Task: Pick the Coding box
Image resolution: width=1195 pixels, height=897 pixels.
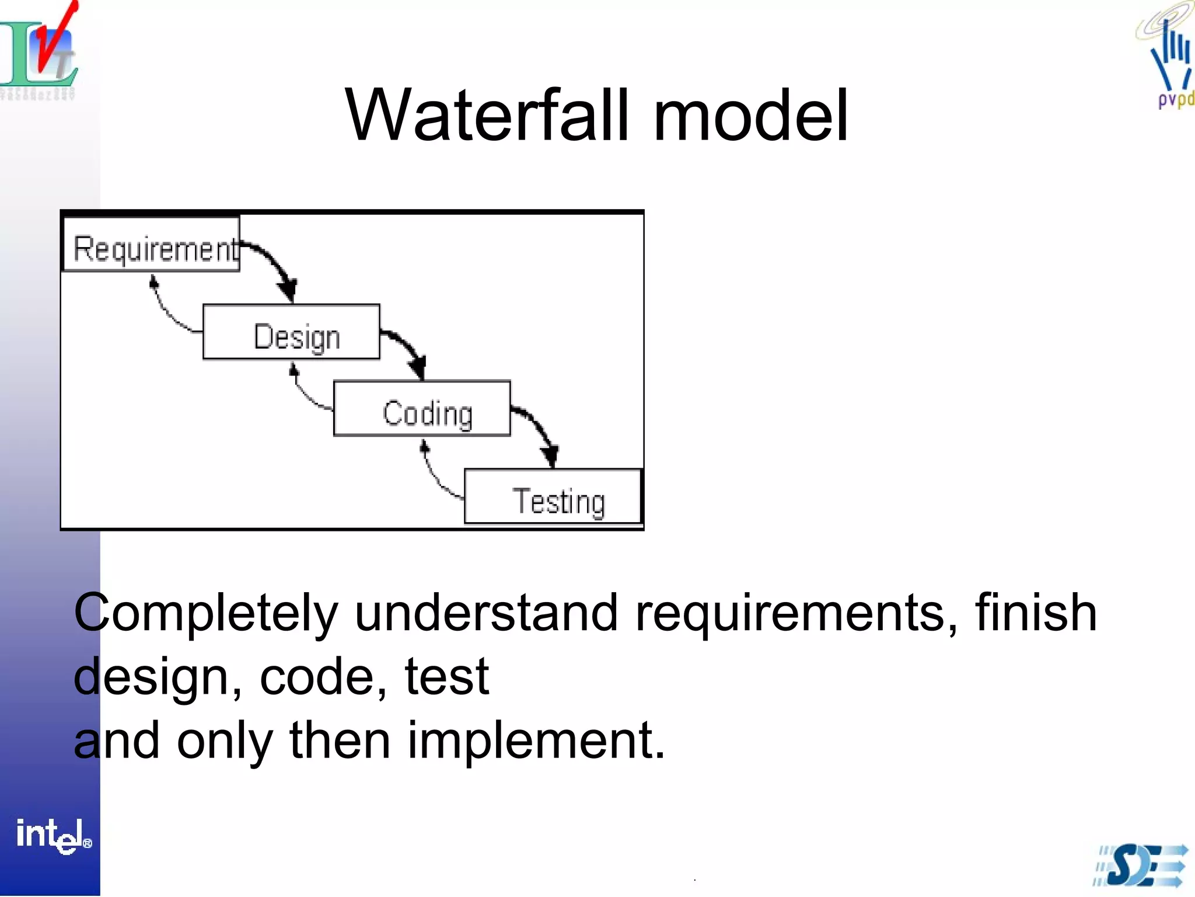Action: pyautogui.click(x=422, y=409)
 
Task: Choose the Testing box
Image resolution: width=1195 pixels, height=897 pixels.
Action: pyautogui.click(x=553, y=497)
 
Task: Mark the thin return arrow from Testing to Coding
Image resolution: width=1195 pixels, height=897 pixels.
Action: pyautogui.click(x=435, y=475)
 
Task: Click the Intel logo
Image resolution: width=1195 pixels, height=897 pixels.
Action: pyautogui.click(x=53, y=835)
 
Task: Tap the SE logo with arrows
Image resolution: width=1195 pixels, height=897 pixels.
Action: pyautogui.click(x=1141, y=865)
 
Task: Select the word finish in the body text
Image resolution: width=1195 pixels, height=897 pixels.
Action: pyautogui.click(x=1036, y=613)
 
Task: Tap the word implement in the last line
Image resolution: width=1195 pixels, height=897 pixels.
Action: pyautogui.click(x=536, y=740)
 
